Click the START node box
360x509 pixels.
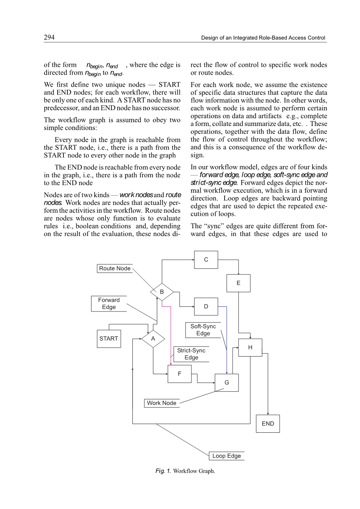[x=109, y=339]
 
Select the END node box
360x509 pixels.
[x=268, y=423]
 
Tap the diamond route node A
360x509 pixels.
[x=153, y=339]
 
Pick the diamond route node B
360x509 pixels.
[x=162, y=292]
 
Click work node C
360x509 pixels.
[x=206, y=260]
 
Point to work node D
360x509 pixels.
[x=206, y=306]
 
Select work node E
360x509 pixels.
[x=238, y=283]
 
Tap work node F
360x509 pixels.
[x=179, y=374]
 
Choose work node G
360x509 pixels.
[x=227, y=383]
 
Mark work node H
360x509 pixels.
[x=250, y=347]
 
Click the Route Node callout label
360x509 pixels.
[x=115, y=268]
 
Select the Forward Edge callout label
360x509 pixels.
[x=109, y=304]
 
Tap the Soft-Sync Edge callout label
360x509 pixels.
[x=203, y=330]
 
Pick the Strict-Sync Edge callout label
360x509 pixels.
[x=191, y=354]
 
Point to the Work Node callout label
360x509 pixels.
[x=162, y=403]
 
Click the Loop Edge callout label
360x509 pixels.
[x=227, y=456]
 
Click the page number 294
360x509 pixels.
[x=49, y=37]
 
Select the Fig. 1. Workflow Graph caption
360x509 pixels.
[x=185, y=471]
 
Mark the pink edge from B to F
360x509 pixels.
[x=171, y=334]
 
